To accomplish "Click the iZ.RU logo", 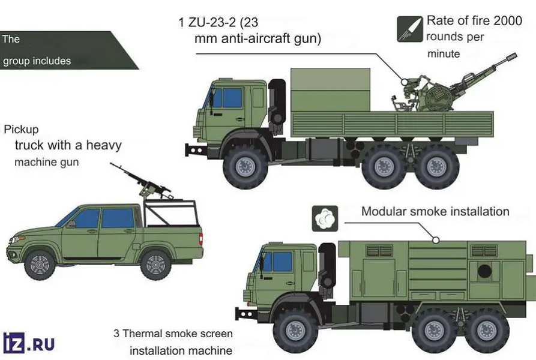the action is click(29, 343).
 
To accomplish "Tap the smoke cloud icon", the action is click(325, 218).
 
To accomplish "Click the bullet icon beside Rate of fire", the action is click(410, 29).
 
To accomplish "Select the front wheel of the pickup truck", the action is click(40, 265).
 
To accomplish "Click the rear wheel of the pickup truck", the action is click(155, 265).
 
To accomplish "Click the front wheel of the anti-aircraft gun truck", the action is click(245, 167).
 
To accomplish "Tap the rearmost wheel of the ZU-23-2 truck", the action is click(437, 167).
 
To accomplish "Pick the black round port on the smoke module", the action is click(484, 271).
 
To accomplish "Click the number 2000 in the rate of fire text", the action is click(508, 20).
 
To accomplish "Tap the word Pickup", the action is click(21, 130).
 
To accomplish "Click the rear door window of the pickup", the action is click(118, 218).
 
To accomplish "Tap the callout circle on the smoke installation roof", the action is click(436, 240).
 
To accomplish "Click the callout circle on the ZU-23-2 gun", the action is click(405, 82).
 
